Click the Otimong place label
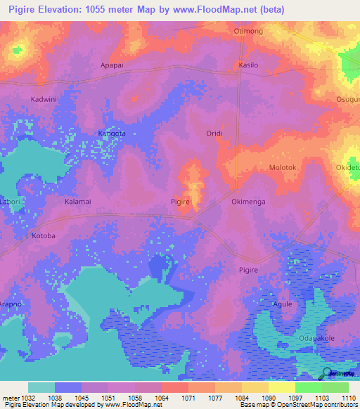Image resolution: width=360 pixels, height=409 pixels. click(247, 32)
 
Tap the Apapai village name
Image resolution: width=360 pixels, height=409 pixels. click(112, 63)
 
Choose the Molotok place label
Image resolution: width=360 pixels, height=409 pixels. click(284, 168)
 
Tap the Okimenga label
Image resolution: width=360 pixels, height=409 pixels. click(248, 202)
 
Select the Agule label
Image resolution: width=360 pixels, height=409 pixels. click(282, 304)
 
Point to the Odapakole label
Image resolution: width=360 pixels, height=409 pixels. click(316, 338)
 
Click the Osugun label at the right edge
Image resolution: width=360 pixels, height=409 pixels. click(348, 100)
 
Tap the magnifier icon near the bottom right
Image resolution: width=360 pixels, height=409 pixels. click(328, 372)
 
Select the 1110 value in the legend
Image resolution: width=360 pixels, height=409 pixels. click(348, 397)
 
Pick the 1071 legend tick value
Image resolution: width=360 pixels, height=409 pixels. click(188, 397)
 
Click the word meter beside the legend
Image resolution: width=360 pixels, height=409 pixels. click(9, 397)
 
